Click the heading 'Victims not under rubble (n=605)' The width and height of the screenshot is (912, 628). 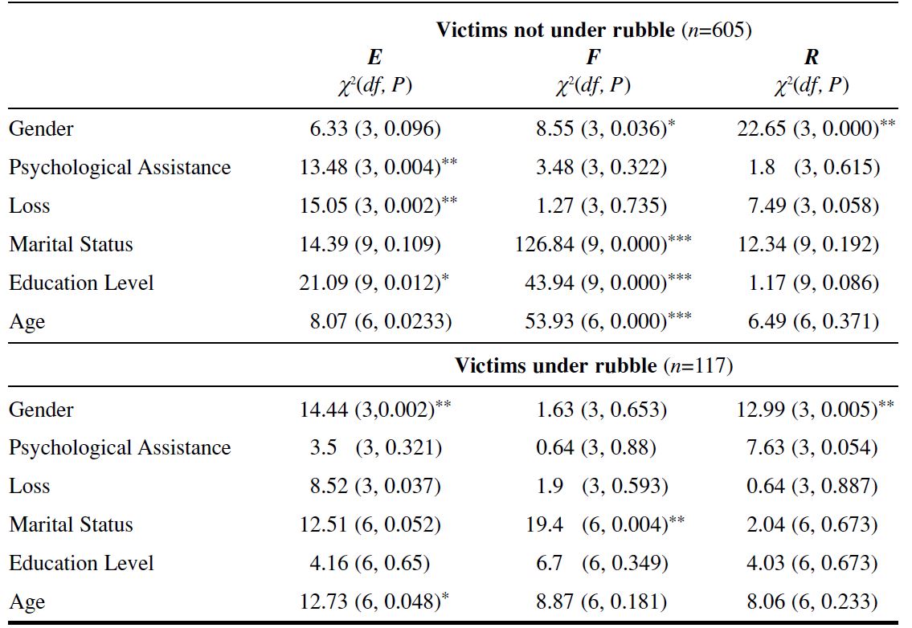[593, 31]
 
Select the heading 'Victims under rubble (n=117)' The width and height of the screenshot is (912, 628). [593, 366]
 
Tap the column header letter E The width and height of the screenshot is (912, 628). [374, 57]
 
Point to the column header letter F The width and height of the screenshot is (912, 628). [593, 57]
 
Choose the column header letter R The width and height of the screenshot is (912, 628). [812, 57]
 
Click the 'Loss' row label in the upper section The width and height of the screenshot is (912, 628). [30, 206]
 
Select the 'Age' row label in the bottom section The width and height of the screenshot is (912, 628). [27, 602]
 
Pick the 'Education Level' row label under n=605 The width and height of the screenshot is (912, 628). [81, 283]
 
